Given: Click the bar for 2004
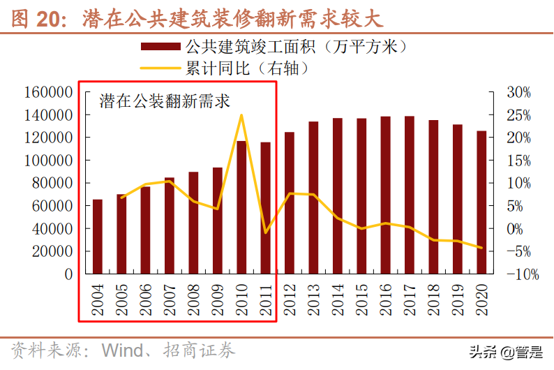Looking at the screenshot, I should [98, 237].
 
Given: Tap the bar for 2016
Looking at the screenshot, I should [385, 195].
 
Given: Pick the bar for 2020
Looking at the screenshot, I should [481, 202].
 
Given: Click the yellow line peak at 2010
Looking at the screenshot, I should [241, 115].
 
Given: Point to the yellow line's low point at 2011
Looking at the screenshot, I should [265, 232].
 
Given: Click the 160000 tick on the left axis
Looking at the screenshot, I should [48, 92].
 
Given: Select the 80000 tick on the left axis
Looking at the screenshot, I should [52, 183].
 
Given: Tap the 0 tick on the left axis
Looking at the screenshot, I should [68, 274].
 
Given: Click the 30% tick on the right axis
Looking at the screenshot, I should [518, 92].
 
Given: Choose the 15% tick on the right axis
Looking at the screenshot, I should [518, 161].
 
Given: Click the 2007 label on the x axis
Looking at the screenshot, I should [170, 299].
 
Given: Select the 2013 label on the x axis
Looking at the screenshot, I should [313, 299].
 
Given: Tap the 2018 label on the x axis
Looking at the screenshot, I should [433, 299].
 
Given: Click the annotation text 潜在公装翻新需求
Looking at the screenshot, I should [165, 102].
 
